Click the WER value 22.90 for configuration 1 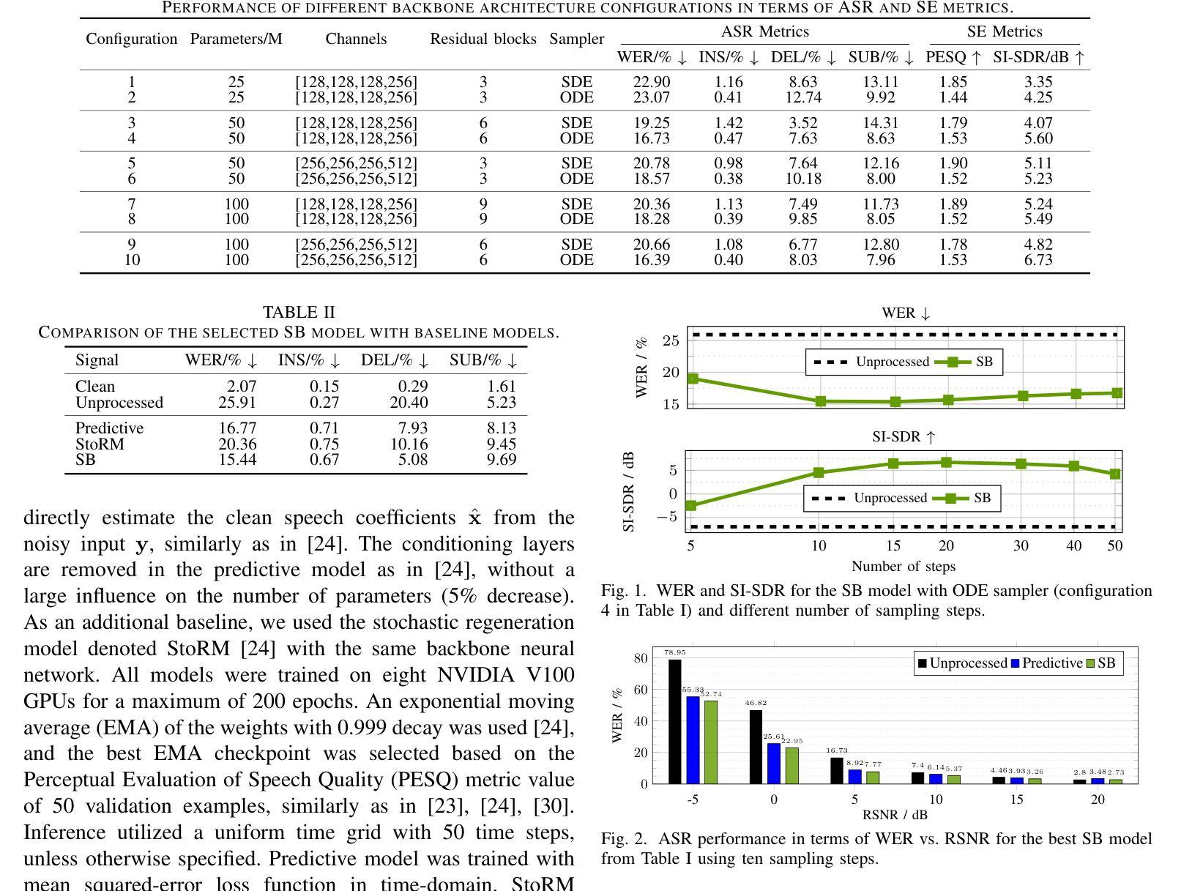(x=651, y=82)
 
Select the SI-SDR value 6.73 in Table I (x=1038, y=259)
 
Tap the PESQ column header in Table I (x=953, y=57)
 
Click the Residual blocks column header (x=483, y=39)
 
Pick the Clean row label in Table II (x=95, y=386)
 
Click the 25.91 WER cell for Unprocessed (x=236, y=403)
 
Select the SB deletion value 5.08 (x=413, y=459)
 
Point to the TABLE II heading (x=299, y=312)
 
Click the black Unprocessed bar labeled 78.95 (x=674, y=722)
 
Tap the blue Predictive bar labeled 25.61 (x=773, y=764)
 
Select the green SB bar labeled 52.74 (x=710, y=742)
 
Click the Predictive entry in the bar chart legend (x=1047, y=663)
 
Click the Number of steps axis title (x=903, y=567)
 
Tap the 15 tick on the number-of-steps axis (x=893, y=545)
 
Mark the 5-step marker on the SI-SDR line (x=690, y=505)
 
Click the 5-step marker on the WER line (x=693, y=379)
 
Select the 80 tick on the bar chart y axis (x=641, y=658)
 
